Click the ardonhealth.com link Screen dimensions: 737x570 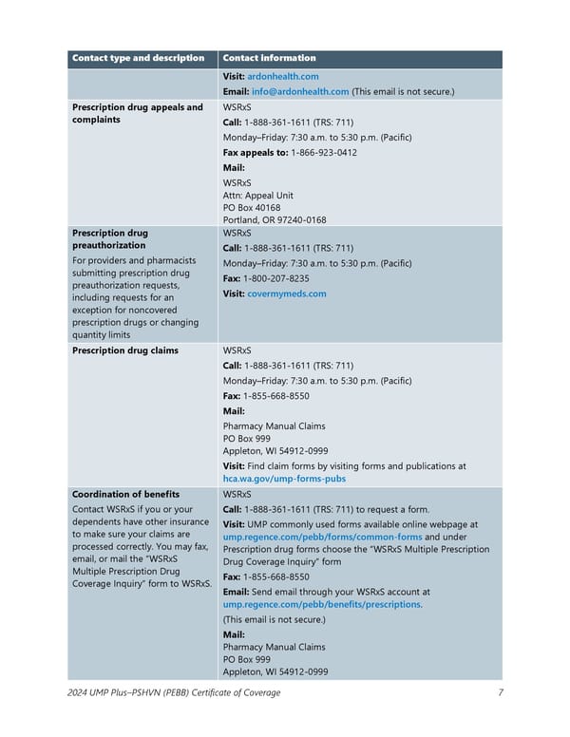pos(282,76)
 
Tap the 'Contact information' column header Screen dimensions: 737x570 pos(269,58)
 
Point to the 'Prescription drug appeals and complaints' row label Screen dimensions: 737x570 pos(137,113)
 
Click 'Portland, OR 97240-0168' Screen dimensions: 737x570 pos(274,220)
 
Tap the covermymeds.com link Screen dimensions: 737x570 pos(286,294)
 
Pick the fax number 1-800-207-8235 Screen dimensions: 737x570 pos(277,279)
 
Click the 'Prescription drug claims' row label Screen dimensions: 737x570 pos(124,350)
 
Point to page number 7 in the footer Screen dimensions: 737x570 pos(500,692)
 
